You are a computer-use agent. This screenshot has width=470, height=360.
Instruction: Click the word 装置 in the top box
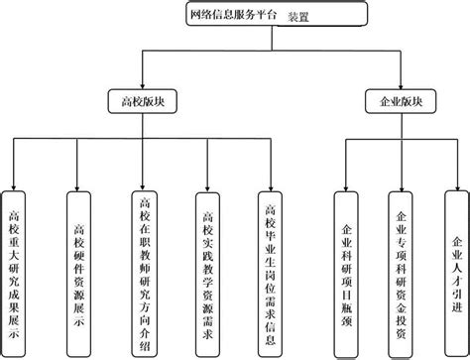coord(298,17)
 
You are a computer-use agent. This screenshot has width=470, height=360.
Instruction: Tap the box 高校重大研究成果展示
coord(14,268)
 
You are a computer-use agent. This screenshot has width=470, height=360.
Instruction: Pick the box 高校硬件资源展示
coord(78,266)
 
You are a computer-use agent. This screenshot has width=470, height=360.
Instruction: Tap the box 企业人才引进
coord(455,268)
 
